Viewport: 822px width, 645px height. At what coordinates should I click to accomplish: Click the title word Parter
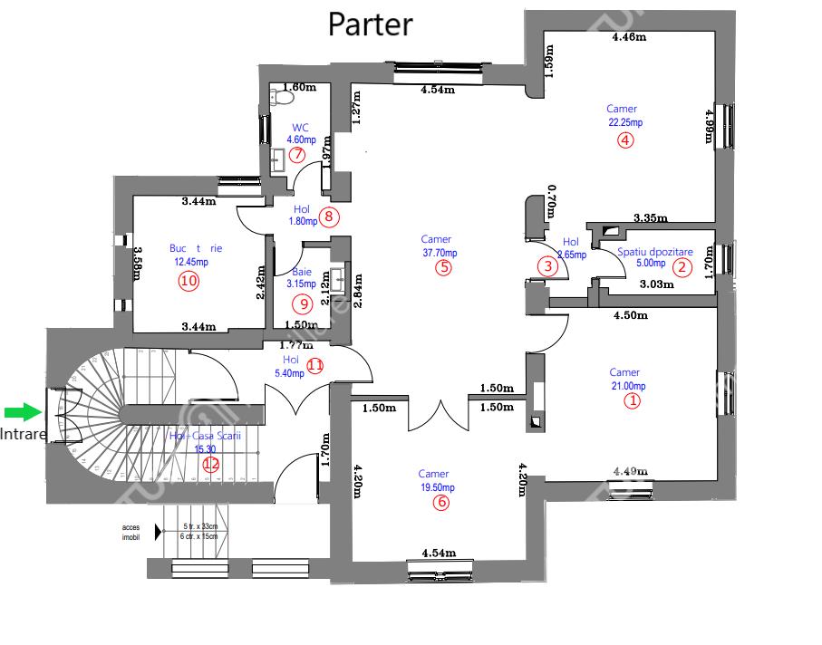pyautogui.click(x=370, y=24)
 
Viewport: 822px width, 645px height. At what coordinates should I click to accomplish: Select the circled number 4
pyautogui.click(x=624, y=140)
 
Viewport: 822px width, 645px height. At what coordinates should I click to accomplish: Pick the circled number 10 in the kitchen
pyautogui.click(x=189, y=281)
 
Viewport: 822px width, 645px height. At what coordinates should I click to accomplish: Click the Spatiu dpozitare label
pyautogui.click(x=654, y=252)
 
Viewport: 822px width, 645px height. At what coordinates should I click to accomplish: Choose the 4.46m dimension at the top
pyautogui.click(x=629, y=37)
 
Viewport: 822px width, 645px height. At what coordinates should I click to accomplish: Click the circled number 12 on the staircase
pyautogui.click(x=210, y=464)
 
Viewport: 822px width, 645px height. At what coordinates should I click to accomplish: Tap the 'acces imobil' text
pyautogui.click(x=131, y=532)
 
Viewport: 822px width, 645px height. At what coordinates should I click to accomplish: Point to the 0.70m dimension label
pyautogui.click(x=551, y=201)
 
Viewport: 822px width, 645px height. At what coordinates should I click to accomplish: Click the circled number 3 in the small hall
pyautogui.click(x=546, y=266)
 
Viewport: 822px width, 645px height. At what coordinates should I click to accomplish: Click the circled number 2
pyautogui.click(x=681, y=266)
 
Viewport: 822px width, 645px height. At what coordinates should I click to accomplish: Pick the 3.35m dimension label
pyautogui.click(x=650, y=218)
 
